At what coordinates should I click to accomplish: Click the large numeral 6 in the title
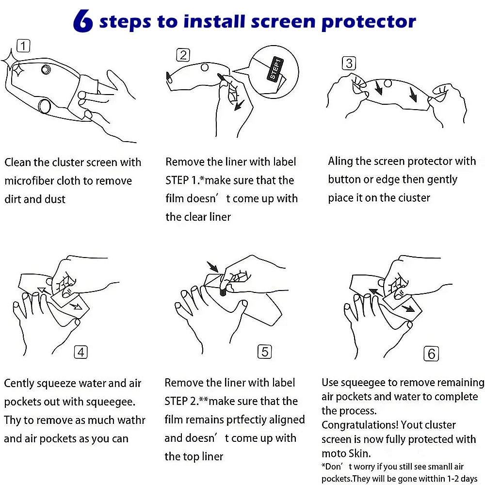[83, 20]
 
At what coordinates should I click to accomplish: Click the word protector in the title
[369, 22]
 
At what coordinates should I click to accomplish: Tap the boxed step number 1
[23, 46]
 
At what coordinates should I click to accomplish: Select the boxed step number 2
[183, 55]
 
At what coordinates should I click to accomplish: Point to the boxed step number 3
[349, 63]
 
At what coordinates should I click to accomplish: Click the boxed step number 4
[81, 352]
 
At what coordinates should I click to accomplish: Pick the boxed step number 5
[265, 352]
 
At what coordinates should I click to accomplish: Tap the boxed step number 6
[431, 354]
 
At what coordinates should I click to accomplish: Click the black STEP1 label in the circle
[275, 69]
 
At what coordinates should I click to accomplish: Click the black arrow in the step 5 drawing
[212, 267]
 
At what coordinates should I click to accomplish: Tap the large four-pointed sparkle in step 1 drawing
[12, 60]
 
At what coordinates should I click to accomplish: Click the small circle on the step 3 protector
[388, 83]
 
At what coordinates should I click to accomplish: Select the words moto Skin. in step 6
[346, 453]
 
